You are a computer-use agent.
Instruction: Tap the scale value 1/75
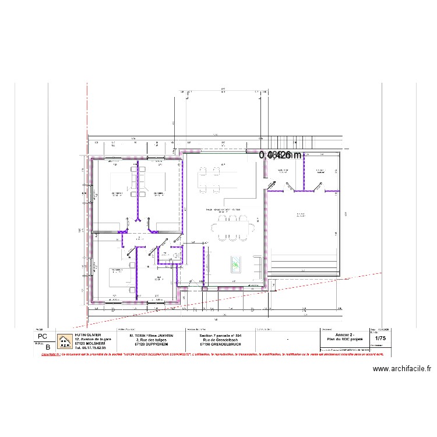tap(380, 338)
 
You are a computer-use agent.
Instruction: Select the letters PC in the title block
tap(42, 337)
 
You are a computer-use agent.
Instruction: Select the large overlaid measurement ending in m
tap(280, 155)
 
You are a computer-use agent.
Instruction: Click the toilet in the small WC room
tap(175, 255)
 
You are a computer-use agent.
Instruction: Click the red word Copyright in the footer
tap(49, 354)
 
